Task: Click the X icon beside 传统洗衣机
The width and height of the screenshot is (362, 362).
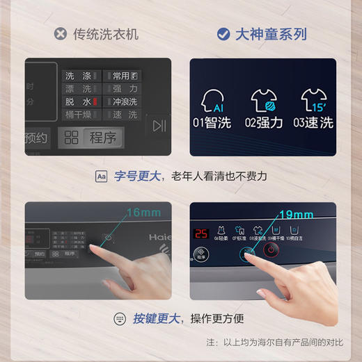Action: click(61, 33)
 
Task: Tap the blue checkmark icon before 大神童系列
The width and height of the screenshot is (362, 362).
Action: click(223, 33)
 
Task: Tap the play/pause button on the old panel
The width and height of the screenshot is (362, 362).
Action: click(159, 125)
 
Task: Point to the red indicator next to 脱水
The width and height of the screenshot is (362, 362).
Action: click(95, 101)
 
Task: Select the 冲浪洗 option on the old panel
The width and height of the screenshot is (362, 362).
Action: click(125, 101)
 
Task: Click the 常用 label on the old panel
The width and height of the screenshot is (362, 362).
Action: click(121, 76)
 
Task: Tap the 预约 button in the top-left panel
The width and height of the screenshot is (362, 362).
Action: click(36, 138)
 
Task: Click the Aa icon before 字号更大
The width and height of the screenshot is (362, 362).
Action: click(102, 176)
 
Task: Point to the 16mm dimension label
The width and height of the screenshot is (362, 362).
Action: click(143, 212)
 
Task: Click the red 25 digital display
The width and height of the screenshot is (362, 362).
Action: click(201, 233)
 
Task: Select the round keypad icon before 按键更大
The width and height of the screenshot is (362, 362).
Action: click(119, 318)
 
